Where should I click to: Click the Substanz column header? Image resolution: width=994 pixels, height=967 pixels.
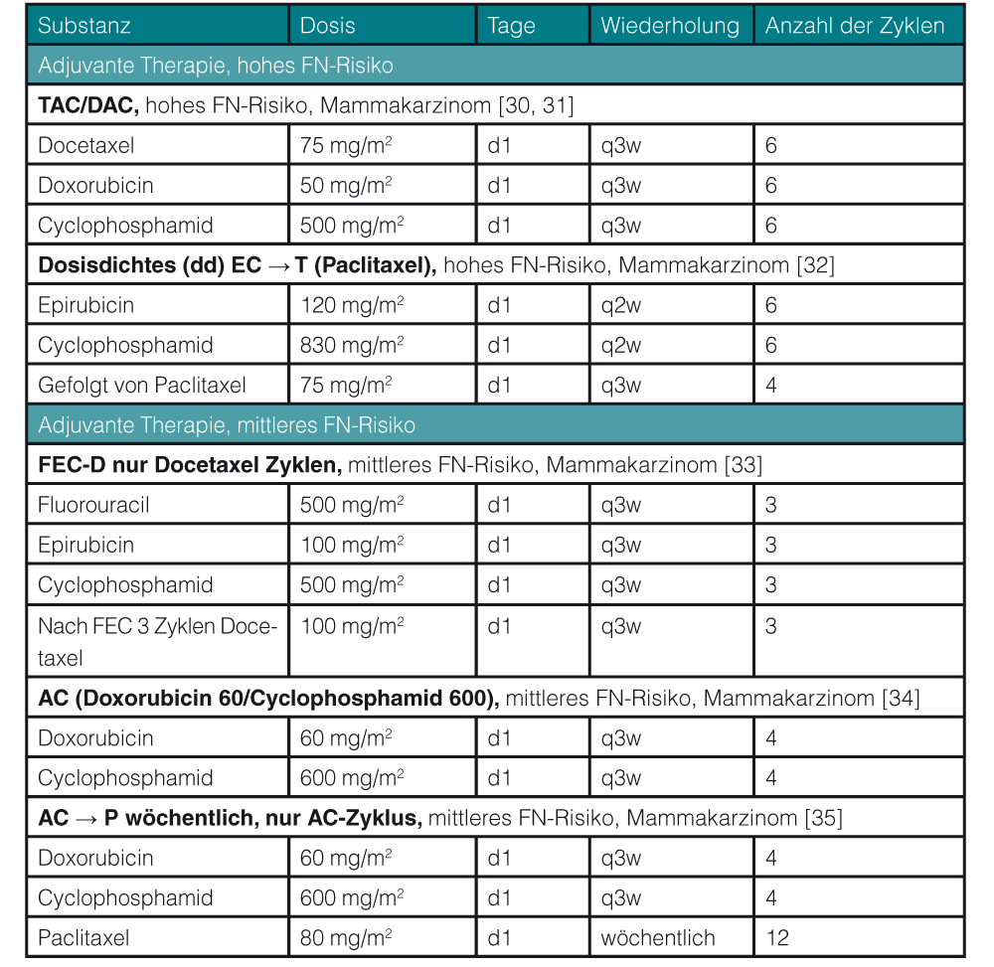click(x=84, y=26)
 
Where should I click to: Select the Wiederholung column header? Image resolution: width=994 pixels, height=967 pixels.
click(x=670, y=26)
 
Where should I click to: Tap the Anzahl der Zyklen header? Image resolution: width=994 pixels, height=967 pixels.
click(x=855, y=26)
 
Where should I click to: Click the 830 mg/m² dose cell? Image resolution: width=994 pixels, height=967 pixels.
click(x=352, y=346)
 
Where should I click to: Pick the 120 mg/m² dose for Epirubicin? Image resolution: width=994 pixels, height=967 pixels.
click(x=352, y=305)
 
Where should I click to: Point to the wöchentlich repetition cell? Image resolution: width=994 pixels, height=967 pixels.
click(x=657, y=937)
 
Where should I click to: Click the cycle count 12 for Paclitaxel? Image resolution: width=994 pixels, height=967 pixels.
click(x=777, y=937)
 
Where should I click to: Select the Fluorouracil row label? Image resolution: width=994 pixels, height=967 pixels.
click(x=93, y=505)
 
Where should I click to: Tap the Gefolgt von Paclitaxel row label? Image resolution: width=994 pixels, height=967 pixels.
click(x=142, y=386)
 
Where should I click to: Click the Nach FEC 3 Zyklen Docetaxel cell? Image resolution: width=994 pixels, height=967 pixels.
click(x=157, y=642)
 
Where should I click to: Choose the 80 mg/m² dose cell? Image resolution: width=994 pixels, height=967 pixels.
click(x=346, y=937)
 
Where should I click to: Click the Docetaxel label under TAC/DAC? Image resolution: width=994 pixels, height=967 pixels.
click(x=85, y=145)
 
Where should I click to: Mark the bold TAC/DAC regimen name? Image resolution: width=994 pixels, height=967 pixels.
click(x=86, y=105)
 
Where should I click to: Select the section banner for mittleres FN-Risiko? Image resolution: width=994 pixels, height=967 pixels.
click(x=227, y=425)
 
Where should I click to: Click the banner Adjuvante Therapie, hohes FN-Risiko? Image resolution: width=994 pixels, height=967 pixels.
click(x=216, y=66)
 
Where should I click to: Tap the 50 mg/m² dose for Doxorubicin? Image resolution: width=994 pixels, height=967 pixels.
click(x=346, y=186)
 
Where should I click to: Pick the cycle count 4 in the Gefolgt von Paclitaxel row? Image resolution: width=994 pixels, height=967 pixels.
click(x=771, y=386)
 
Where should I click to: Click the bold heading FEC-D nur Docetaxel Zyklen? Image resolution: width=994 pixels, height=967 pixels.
click(x=190, y=465)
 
